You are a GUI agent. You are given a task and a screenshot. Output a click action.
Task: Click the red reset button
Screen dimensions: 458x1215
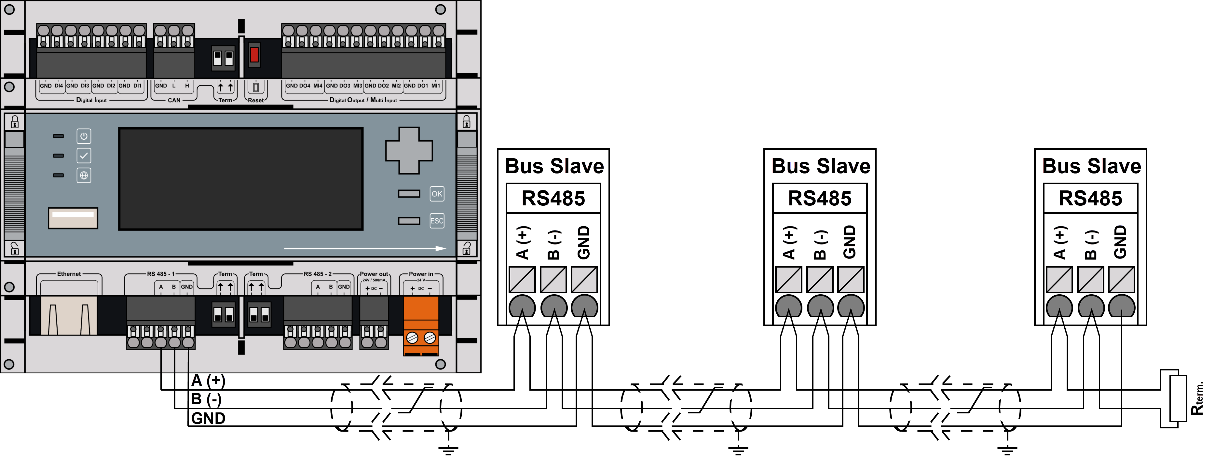click(254, 54)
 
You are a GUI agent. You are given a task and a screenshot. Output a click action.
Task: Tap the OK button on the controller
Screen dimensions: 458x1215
click(437, 194)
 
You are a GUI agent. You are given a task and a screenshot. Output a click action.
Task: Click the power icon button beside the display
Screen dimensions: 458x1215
click(84, 136)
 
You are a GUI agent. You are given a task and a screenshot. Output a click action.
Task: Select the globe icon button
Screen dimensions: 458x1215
click(84, 175)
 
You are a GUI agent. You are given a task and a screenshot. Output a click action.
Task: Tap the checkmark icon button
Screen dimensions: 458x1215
click(84, 156)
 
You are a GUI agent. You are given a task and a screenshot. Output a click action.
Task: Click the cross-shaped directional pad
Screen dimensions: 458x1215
click(409, 150)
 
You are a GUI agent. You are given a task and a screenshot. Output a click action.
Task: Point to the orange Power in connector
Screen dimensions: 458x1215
click(421, 326)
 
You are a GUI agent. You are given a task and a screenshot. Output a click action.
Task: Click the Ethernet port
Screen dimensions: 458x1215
click(69, 315)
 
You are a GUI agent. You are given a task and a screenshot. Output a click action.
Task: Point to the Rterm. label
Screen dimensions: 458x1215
click(1198, 398)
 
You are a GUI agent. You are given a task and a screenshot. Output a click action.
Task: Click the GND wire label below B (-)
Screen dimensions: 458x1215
click(208, 418)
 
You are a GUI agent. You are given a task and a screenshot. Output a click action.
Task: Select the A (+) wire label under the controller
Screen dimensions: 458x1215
click(208, 381)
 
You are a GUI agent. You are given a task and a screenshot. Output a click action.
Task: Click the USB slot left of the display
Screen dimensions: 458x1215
click(73, 218)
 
